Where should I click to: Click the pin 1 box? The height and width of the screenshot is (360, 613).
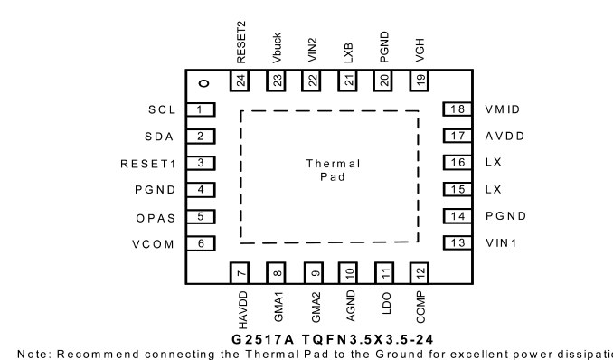pyautogui.click(x=201, y=109)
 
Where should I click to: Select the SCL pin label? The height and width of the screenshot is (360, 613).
pyautogui.click(x=162, y=110)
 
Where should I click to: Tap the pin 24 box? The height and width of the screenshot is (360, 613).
pyautogui.click(x=240, y=81)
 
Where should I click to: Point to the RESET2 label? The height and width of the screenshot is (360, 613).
pyautogui.click(x=241, y=43)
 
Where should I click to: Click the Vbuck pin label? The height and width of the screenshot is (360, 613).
pyautogui.click(x=277, y=48)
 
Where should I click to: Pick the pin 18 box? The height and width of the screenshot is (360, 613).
pyautogui.click(x=457, y=109)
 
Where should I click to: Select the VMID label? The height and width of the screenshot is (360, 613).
pyautogui.click(x=503, y=109)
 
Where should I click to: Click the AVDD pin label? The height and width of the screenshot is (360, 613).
pyautogui.click(x=505, y=137)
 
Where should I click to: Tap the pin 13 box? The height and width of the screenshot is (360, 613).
pyautogui.click(x=457, y=243)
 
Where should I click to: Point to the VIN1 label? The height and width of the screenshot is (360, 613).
pyautogui.click(x=501, y=243)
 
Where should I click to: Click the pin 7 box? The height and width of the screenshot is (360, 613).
pyautogui.click(x=240, y=273)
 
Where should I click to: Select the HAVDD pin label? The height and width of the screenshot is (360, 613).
pyautogui.click(x=243, y=310)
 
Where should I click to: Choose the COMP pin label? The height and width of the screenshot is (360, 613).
pyautogui.click(x=420, y=308)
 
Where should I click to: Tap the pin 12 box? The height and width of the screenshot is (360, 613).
pyautogui.click(x=420, y=273)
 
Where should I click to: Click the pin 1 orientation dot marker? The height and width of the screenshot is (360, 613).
pyautogui.click(x=204, y=83)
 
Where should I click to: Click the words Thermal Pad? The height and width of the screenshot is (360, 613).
pyautogui.click(x=333, y=170)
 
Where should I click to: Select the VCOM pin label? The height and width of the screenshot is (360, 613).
pyautogui.click(x=154, y=244)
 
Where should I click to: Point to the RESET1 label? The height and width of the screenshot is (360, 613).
pyautogui.click(x=148, y=164)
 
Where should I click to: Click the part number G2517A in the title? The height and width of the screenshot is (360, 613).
pyautogui.click(x=262, y=339)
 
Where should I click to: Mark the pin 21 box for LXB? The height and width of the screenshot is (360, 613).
pyautogui.click(x=347, y=81)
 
